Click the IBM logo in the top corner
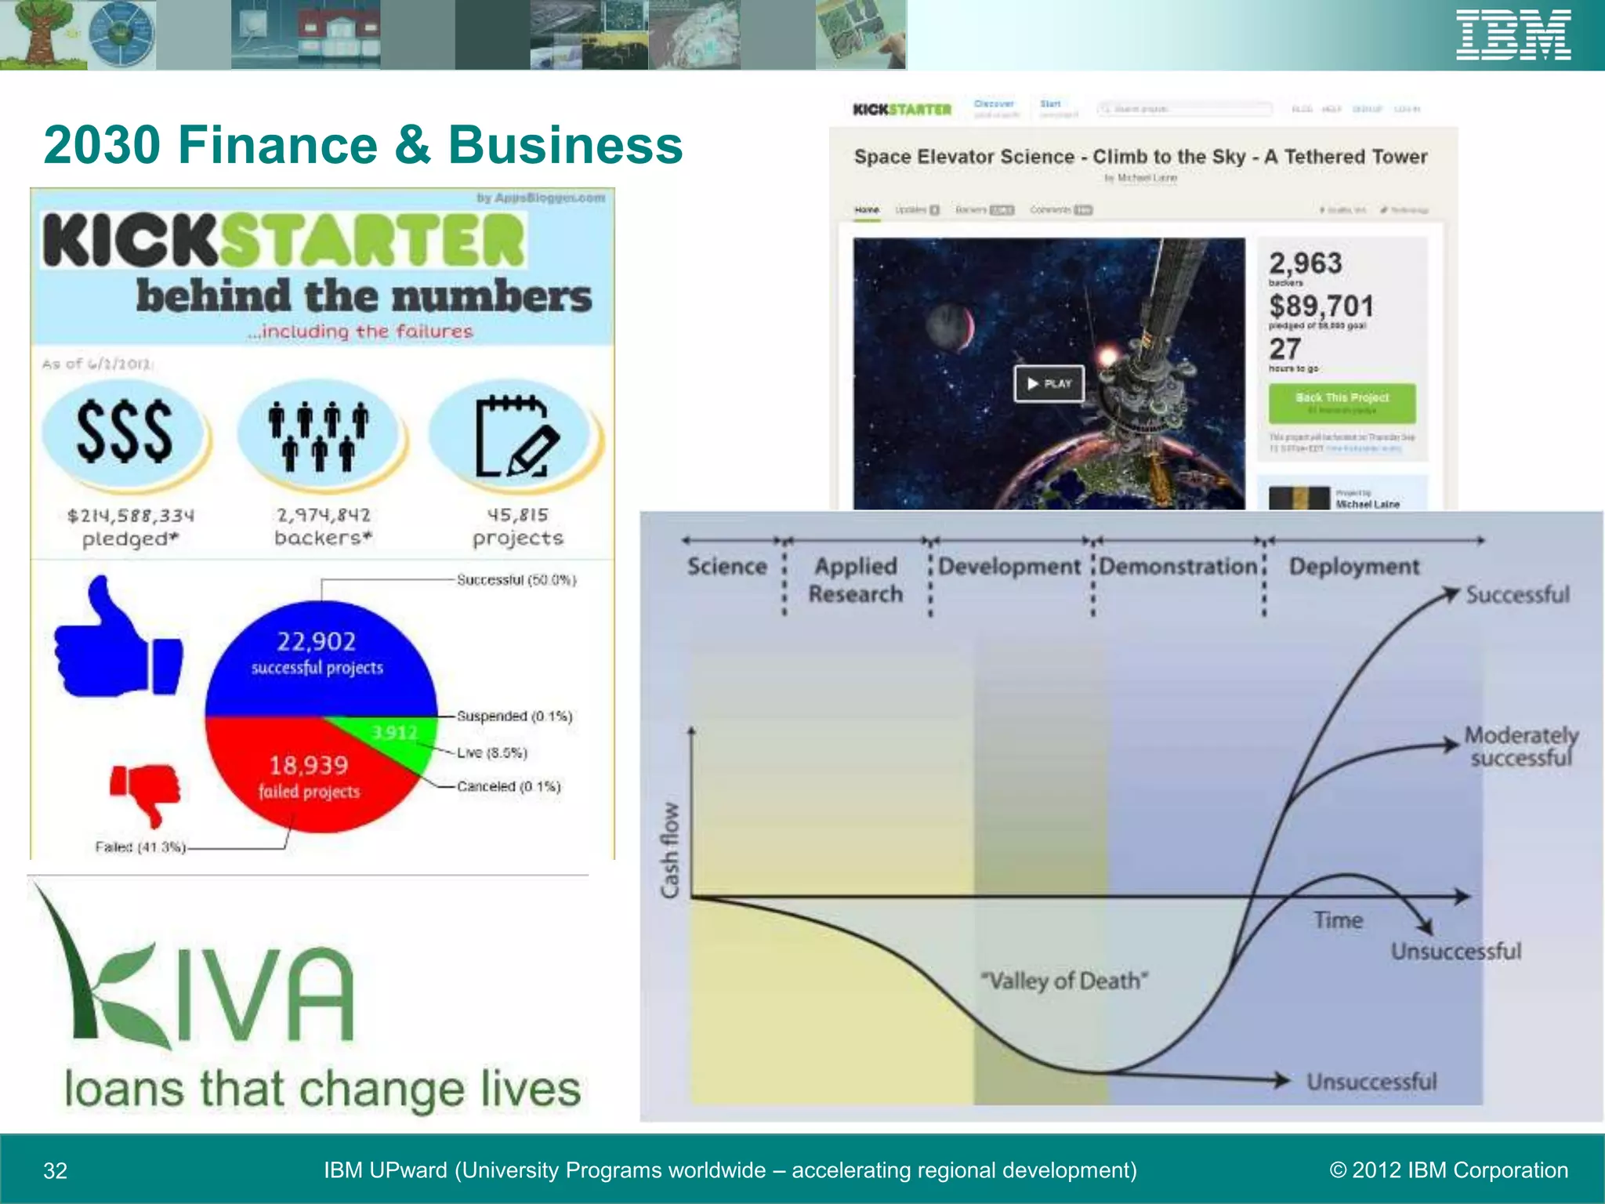click(1513, 35)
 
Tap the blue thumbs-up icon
click(118, 643)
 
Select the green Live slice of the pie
click(392, 737)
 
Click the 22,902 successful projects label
click(317, 652)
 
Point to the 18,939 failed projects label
click(309, 776)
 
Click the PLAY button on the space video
click(1049, 383)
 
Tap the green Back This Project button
click(1342, 402)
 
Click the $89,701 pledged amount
click(1321, 306)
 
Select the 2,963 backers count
click(1305, 263)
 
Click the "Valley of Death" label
click(1063, 981)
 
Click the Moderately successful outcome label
click(1520, 746)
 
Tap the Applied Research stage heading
click(856, 580)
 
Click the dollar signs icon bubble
click(125, 433)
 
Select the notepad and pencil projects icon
click(516, 436)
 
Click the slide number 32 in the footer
click(55, 1171)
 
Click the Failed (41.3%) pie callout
click(140, 847)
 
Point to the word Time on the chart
click(1338, 920)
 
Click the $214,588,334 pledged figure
click(130, 516)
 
